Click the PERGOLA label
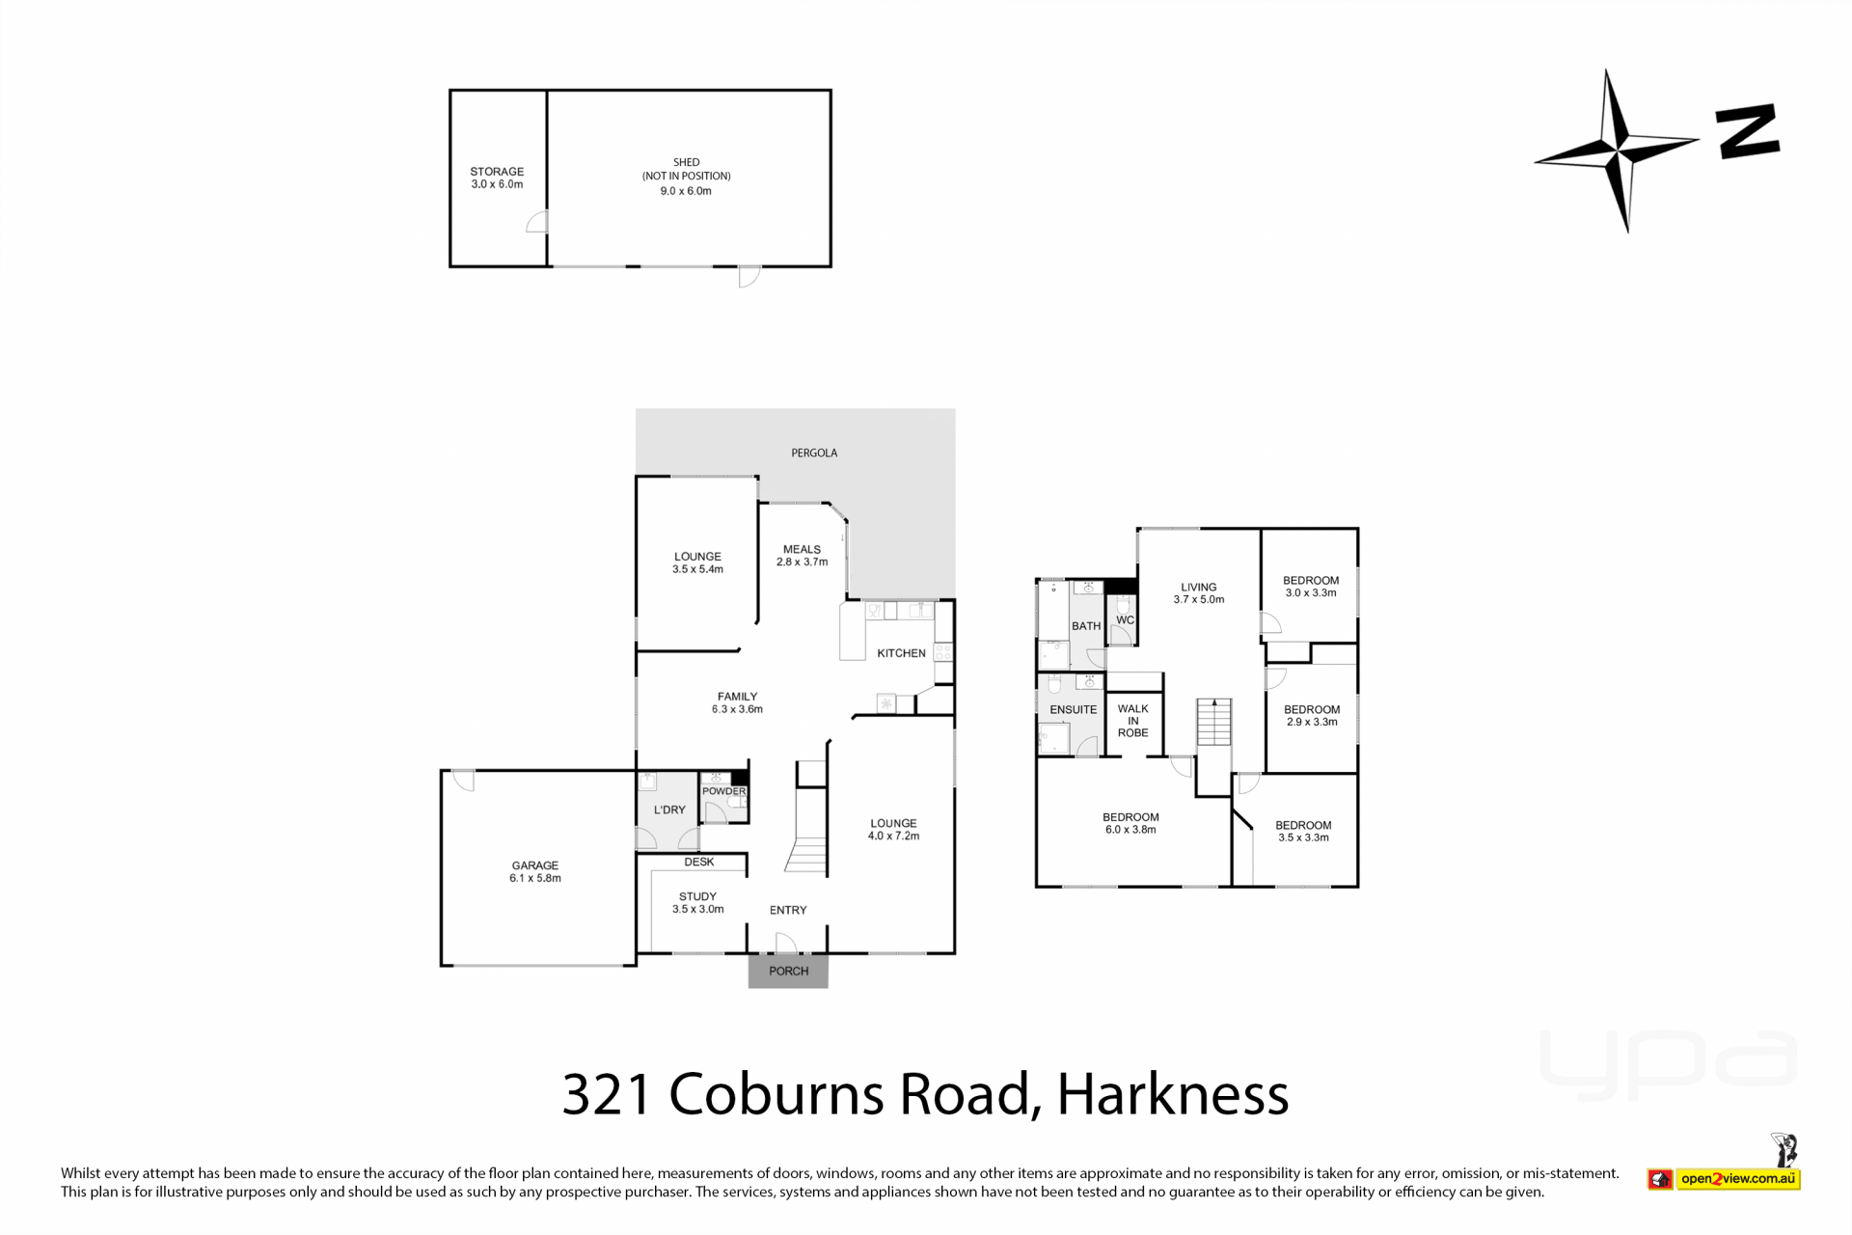(x=814, y=453)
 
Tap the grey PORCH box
(x=788, y=971)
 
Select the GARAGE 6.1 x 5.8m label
(x=535, y=872)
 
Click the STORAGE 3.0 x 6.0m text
(x=497, y=178)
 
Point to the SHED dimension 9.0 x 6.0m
(x=686, y=191)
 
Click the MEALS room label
(x=802, y=549)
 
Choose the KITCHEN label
(x=901, y=653)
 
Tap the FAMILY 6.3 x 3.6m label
(x=737, y=702)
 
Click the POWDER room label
(x=723, y=791)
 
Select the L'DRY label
(x=669, y=810)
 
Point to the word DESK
(x=699, y=862)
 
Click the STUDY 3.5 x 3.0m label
(x=697, y=902)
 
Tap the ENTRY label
(x=788, y=910)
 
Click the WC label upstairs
(x=1125, y=620)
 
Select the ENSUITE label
(x=1073, y=709)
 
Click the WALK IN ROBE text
(x=1132, y=721)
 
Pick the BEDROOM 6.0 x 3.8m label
(x=1130, y=823)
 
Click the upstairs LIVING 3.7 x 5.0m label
(x=1199, y=592)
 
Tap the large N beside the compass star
(x=1747, y=131)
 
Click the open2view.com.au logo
(x=1737, y=1178)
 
